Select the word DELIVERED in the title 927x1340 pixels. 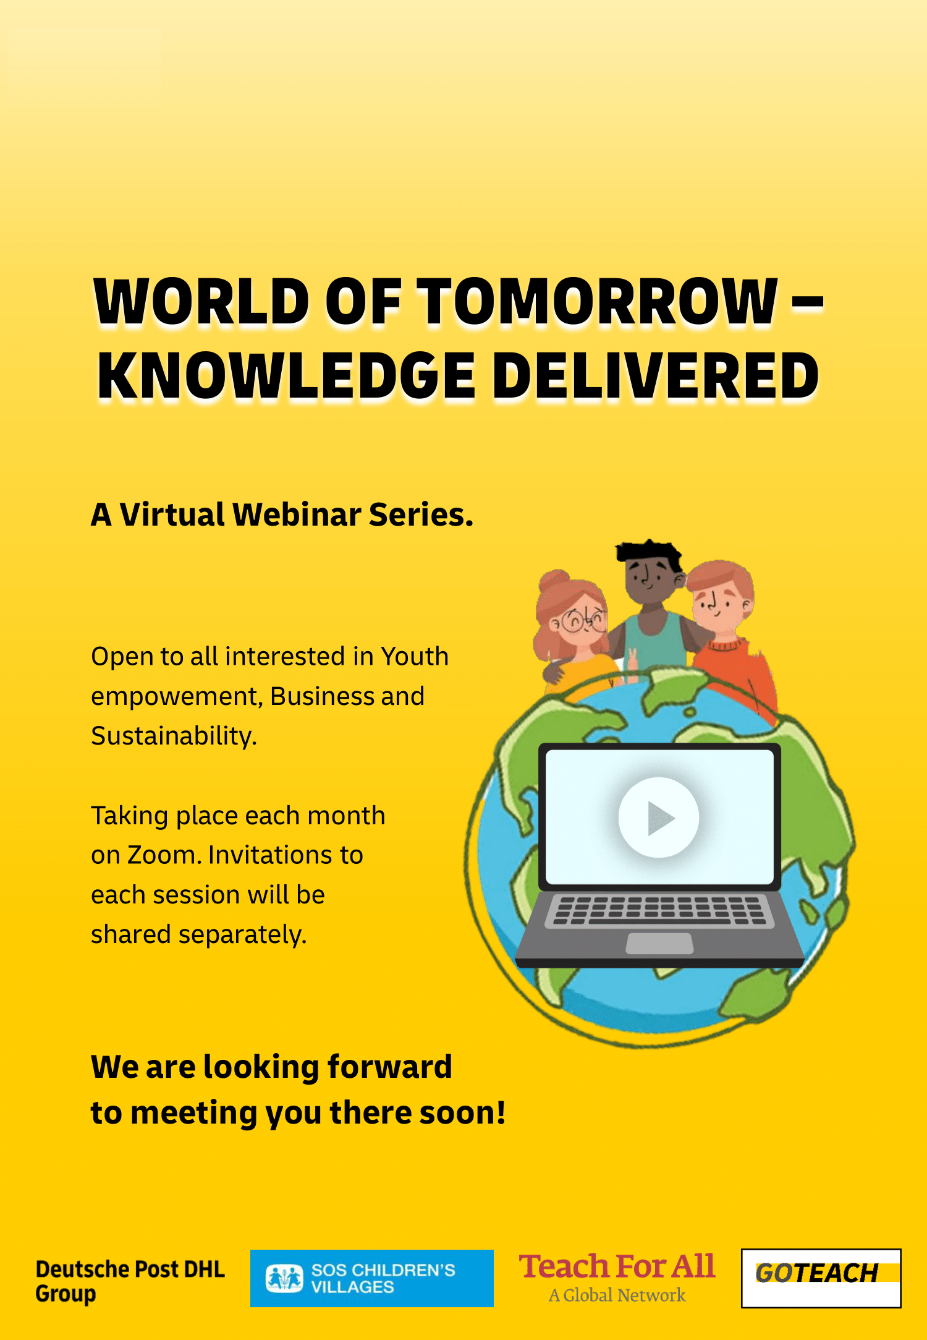click(x=655, y=376)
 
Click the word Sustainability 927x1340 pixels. click(x=174, y=736)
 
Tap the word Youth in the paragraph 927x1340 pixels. click(x=414, y=656)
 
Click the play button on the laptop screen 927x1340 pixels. click(x=659, y=817)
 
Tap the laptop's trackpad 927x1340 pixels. click(x=659, y=944)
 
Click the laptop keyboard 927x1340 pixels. click(x=659, y=911)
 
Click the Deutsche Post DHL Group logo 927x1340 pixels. click(x=130, y=1281)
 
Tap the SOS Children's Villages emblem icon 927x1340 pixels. click(x=284, y=1278)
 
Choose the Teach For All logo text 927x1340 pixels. click(x=617, y=1267)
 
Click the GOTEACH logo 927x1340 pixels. click(x=821, y=1278)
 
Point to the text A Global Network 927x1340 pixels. click(x=617, y=1295)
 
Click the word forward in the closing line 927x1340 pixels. click(x=389, y=1067)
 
